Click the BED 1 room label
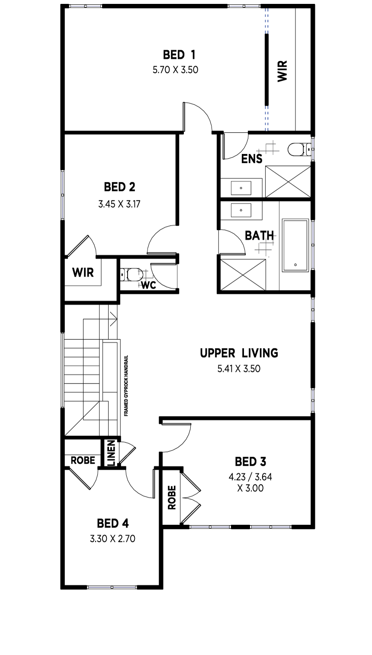point(179,54)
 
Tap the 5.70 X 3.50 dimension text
point(176,70)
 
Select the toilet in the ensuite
point(299,150)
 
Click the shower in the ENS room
point(288,181)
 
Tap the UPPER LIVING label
point(239,353)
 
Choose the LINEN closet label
point(112,453)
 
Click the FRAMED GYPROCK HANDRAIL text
point(126,386)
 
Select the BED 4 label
point(112,524)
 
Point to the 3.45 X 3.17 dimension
point(119,204)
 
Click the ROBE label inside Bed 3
point(172,497)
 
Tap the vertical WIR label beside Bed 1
point(282,71)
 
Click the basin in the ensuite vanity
point(241,188)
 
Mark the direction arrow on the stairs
point(113,319)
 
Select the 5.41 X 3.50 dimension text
point(239,369)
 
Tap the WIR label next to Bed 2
point(83,272)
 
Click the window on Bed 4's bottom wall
point(112,587)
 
